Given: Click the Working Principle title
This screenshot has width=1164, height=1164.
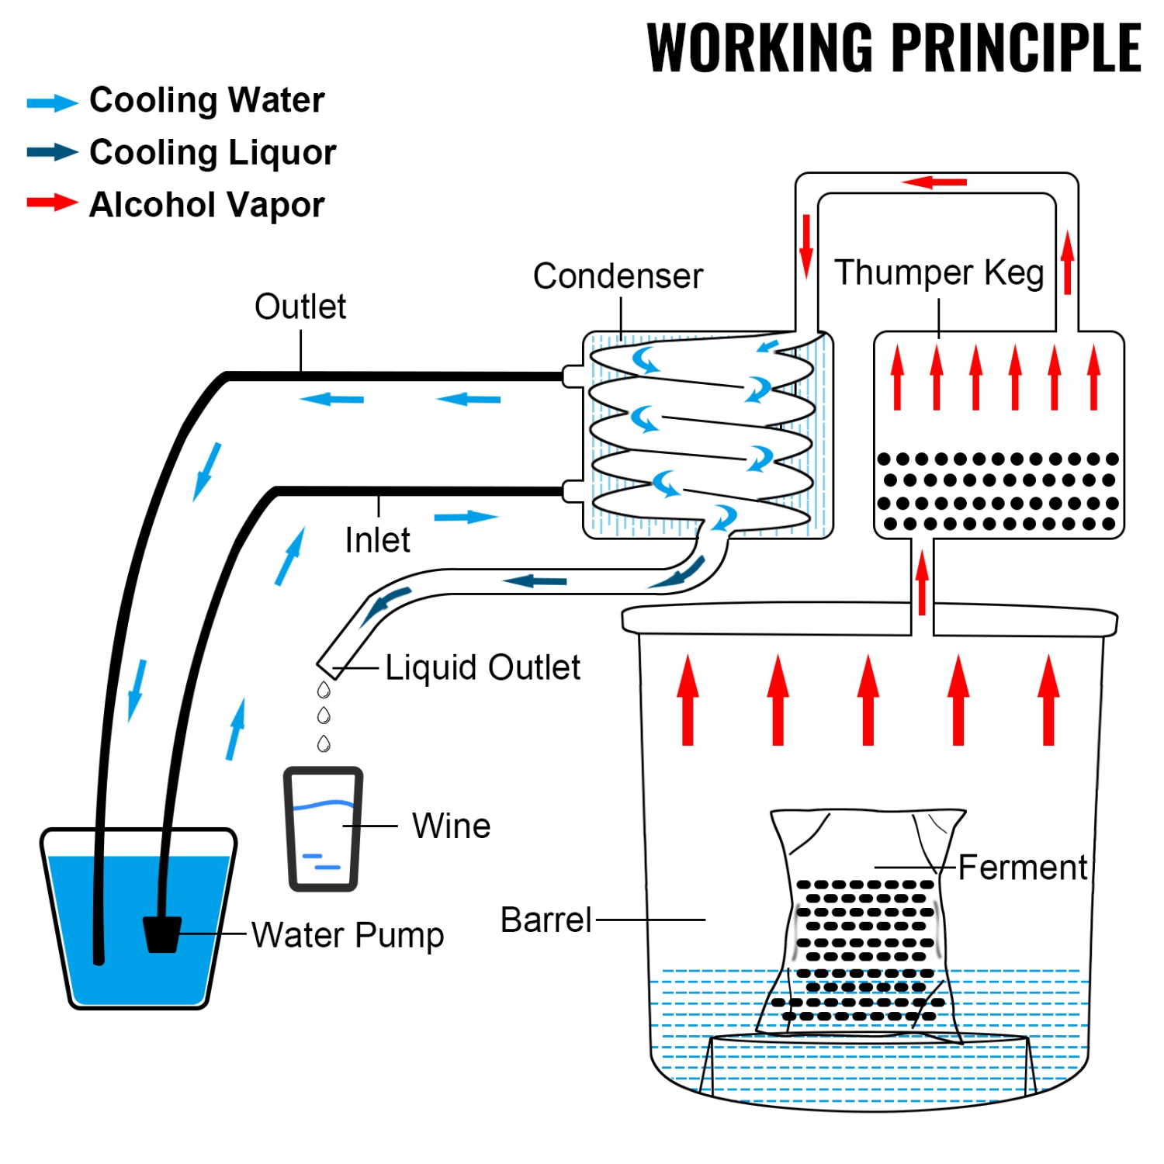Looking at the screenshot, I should click(893, 48).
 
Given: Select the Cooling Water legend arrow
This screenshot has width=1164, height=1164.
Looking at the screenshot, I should click(52, 102).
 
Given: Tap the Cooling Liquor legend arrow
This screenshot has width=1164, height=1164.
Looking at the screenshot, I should click(52, 152).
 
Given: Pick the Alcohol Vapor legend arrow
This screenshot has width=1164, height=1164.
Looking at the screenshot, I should click(52, 203).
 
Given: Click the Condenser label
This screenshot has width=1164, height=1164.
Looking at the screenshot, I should click(618, 276).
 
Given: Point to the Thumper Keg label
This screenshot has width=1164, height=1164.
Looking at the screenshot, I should click(939, 273).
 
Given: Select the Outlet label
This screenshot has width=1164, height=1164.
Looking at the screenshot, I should click(300, 307).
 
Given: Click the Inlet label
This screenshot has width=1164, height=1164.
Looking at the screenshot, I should click(377, 540).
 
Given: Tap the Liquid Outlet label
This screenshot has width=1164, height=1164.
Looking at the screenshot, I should click(483, 667).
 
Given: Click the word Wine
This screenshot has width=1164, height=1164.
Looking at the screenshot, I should click(451, 826).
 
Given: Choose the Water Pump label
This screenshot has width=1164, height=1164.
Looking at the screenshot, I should click(348, 935).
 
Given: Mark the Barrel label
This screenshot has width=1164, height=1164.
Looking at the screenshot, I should click(546, 920).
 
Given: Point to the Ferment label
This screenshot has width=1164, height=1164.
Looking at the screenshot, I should click(1022, 868).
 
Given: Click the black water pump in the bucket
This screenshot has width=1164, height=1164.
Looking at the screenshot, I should click(162, 934).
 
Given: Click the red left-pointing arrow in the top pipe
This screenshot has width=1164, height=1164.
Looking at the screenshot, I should click(934, 182).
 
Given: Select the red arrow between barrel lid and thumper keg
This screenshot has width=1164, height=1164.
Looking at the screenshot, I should click(922, 582).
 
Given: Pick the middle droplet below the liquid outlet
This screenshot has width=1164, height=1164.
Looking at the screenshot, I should click(324, 715).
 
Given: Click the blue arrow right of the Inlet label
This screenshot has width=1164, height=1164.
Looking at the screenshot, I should click(466, 518).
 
